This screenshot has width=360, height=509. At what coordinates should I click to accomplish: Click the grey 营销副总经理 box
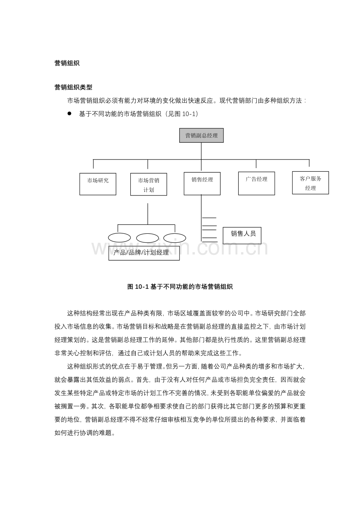click(x=202, y=135)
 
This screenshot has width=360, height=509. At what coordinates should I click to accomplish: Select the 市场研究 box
click(x=98, y=184)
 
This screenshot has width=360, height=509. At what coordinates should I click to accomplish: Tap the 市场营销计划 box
click(x=149, y=185)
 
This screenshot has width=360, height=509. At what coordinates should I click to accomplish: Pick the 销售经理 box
click(x=202, y=184)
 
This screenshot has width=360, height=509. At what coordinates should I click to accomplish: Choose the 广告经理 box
click(x=256, y=183)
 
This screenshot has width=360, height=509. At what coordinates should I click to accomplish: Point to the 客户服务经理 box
click(x=310, y=183)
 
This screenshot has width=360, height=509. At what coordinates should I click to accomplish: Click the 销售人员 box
click(x=242, y=235)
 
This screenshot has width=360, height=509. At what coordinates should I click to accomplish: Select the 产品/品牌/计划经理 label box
click(x=144, y=253)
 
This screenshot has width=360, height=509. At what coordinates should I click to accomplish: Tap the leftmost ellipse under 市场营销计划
click(x=119, y=238)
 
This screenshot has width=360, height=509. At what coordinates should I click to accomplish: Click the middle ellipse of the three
click(x=148, y=238)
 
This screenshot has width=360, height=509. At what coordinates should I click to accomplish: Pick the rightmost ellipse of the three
click(x=175, y=238)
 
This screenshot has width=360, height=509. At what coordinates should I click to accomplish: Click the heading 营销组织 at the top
click(x=67, y=63)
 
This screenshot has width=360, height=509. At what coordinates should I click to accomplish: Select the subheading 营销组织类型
click(x=73, y=88)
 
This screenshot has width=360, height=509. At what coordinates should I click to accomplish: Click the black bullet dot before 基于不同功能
click(x=70, y=113)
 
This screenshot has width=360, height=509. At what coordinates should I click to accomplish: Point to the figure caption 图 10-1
click(x=180, y=287)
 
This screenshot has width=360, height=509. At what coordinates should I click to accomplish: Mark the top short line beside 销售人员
click(x=209, y=218)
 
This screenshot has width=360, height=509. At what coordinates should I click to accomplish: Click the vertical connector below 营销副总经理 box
click(x=201, y=151)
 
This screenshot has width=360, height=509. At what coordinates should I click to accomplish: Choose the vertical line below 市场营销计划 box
click(x=148, y=213)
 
